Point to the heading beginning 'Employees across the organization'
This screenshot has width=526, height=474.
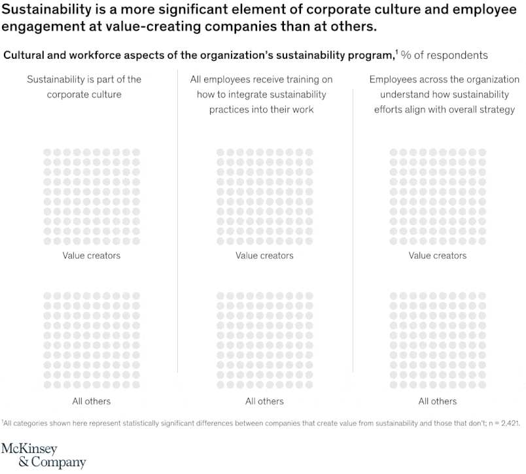[437, 94]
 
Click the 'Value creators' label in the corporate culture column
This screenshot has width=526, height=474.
[92, 256]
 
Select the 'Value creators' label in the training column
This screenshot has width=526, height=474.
[264, 256]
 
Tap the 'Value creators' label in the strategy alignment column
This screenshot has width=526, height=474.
[437, 256]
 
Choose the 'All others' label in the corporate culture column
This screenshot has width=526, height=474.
[92, 401]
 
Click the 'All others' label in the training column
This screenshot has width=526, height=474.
[264, 401]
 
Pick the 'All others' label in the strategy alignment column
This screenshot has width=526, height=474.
[437, 401]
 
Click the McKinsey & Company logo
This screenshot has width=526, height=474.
[43, 456]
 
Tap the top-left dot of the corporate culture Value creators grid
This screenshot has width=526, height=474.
[47, 152]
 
